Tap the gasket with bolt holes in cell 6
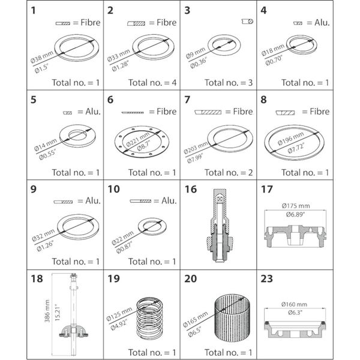point(141,142)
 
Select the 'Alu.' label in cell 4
point(322,22)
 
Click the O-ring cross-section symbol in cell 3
point(247,21)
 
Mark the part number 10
point(113,190)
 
